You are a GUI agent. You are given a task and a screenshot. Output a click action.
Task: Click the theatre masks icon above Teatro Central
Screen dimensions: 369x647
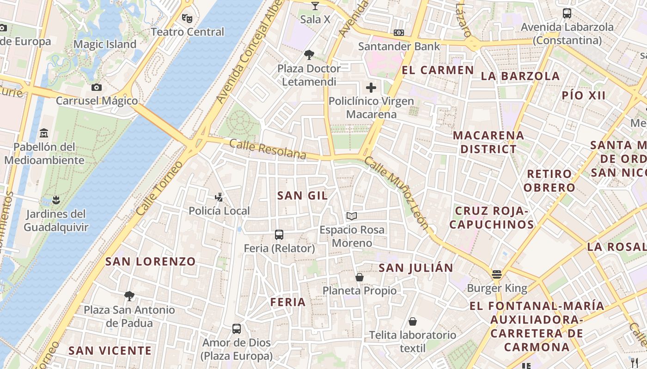pos(187,18)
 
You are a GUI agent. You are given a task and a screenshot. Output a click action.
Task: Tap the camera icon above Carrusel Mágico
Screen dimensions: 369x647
pos(97,87)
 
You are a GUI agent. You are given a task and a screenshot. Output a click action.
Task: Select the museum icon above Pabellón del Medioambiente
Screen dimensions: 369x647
pos(44,133)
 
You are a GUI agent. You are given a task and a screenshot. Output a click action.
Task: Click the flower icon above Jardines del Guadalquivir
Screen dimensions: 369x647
pos(56,200)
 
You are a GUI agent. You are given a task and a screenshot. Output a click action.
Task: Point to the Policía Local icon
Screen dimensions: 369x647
pos(219,197)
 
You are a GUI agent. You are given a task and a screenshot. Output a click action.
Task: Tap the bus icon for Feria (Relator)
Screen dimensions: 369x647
pos(279,234)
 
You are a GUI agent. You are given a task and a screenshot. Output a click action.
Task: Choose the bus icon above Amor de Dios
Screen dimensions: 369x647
pos(237,329)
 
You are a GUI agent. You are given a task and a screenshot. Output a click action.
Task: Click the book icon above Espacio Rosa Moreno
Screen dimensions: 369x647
pos(352,216)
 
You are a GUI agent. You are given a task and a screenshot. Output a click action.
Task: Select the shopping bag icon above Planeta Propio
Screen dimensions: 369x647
pos(359,277)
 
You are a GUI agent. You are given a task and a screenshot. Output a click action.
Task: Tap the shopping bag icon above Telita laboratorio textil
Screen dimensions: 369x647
pos(412,321)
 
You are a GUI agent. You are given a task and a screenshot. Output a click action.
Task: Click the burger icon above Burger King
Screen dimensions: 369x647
pos(497,274)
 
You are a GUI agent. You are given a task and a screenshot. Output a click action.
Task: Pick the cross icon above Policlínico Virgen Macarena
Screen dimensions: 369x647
pos(371,88)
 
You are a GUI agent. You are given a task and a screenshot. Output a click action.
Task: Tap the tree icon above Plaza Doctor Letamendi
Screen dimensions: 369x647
pos(309,55)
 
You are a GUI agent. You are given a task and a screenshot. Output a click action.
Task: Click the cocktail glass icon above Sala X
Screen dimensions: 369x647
pos(315,6)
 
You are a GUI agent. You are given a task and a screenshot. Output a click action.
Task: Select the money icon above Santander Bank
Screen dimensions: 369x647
pos(399,33)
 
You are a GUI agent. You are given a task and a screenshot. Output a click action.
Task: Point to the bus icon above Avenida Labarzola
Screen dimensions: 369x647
pos(567,13)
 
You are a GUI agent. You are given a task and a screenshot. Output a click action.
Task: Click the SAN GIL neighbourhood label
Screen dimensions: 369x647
pos(303,196)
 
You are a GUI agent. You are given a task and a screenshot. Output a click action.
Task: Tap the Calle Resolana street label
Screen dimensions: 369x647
pos(268,149)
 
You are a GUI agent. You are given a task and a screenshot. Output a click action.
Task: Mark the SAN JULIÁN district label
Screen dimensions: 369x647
pos(416,268)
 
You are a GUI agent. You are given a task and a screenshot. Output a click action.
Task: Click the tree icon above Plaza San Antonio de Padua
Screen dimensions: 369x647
pos(129,296)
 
